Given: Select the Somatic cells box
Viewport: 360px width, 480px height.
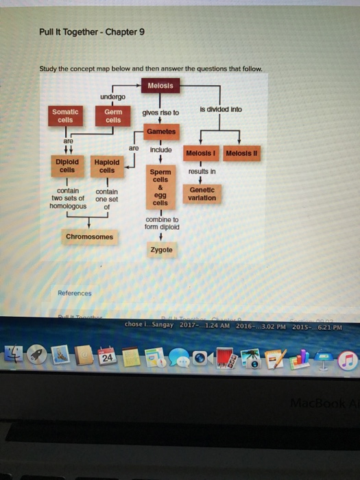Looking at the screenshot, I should [x=65, y=115].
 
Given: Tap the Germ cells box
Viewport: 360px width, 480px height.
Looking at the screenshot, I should [x=113, y=115].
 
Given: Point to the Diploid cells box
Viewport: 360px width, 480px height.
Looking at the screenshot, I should [x=67, y=165].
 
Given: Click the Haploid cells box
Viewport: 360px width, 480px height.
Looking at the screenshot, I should [x=106, y=165].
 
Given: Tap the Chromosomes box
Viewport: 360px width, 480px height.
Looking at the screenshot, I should [x=89, y=237].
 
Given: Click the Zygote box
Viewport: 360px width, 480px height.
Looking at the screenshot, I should [x=161, y=250].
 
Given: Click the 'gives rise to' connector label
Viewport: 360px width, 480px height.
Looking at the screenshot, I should [x=160, y=112].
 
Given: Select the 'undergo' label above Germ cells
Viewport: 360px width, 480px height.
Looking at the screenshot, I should [x=112, y=96].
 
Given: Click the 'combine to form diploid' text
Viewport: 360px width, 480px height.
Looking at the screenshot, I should [x=161, y=223].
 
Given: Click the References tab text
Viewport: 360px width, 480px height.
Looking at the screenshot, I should [x=74, y=293].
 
